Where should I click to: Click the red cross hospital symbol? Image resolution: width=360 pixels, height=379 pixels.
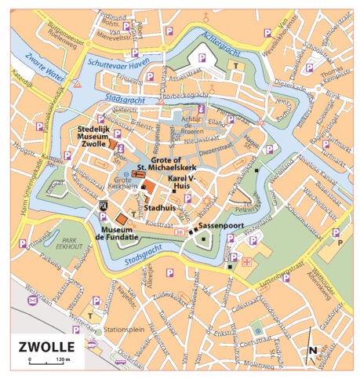[248, 262]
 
